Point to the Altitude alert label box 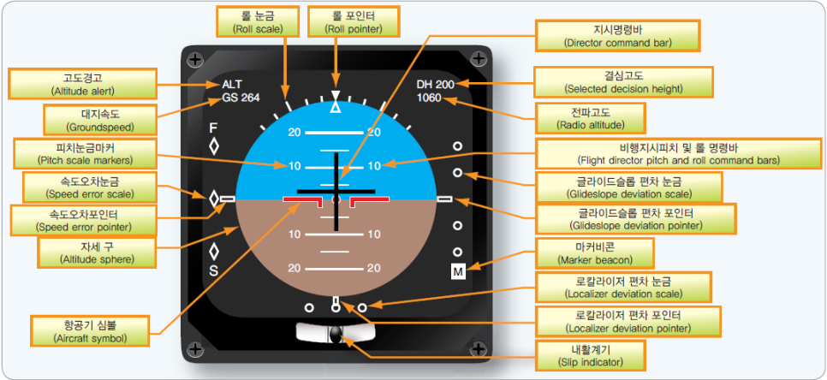click(83, 84)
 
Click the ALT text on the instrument click(232, 84)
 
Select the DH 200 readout click(436, 84)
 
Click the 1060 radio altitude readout click(429, 98)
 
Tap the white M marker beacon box click(458, 271)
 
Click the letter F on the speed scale click(213, 128)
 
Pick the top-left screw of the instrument click(195, 60)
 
